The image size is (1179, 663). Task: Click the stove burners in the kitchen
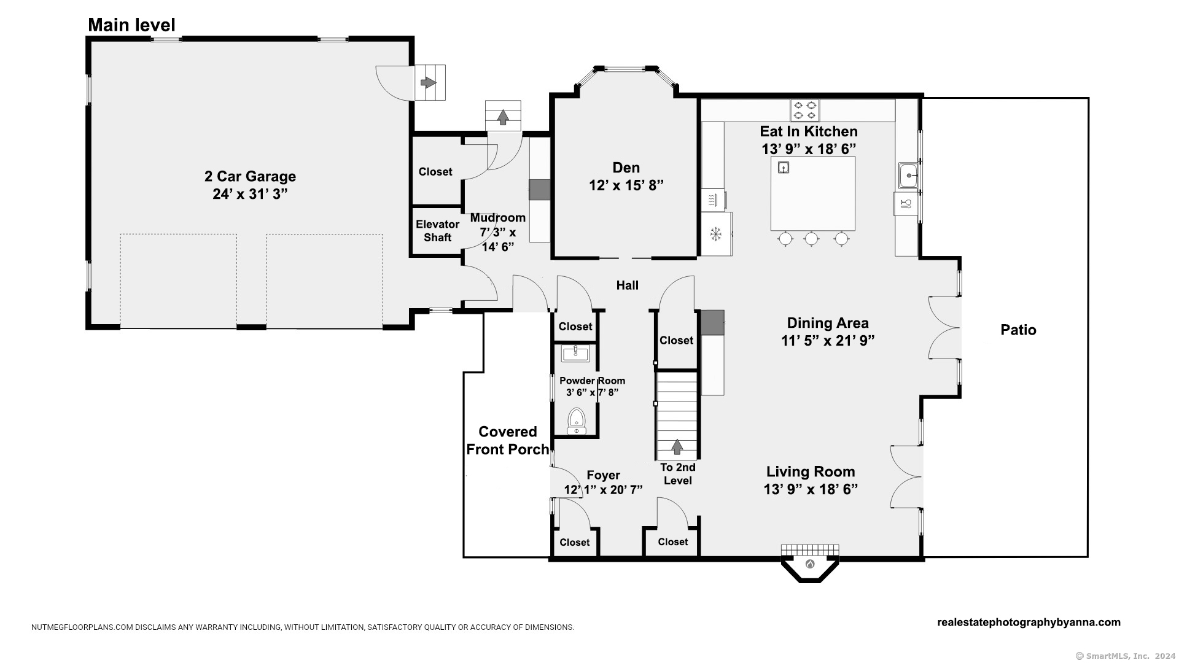point(805,110)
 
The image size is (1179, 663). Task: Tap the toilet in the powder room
point(576,420)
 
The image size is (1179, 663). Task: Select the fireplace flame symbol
point(810,564)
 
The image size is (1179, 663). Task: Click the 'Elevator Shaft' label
point(437,231)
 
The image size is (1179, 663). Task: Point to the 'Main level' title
point(131,25)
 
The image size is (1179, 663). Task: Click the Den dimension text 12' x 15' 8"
point(626,185)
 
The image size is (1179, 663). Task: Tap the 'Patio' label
point(1018,330)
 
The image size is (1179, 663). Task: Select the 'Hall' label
point(627,285)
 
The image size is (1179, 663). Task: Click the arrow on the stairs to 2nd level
point(677,446)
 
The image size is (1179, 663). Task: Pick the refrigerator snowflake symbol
point(715,234)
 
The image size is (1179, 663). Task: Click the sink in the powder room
point(575,353)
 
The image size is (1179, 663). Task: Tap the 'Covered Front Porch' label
point(508,440)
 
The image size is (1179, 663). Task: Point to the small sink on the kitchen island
point(783,167)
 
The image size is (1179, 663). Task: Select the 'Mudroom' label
point(497,217)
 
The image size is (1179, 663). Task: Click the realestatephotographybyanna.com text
point(1029,622)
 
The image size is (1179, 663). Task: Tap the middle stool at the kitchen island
point(811,239)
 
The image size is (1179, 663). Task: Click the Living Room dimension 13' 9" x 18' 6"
point(811,489)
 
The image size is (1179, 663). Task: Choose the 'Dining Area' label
point(828,323)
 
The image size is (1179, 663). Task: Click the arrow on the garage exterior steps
point(428,82)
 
